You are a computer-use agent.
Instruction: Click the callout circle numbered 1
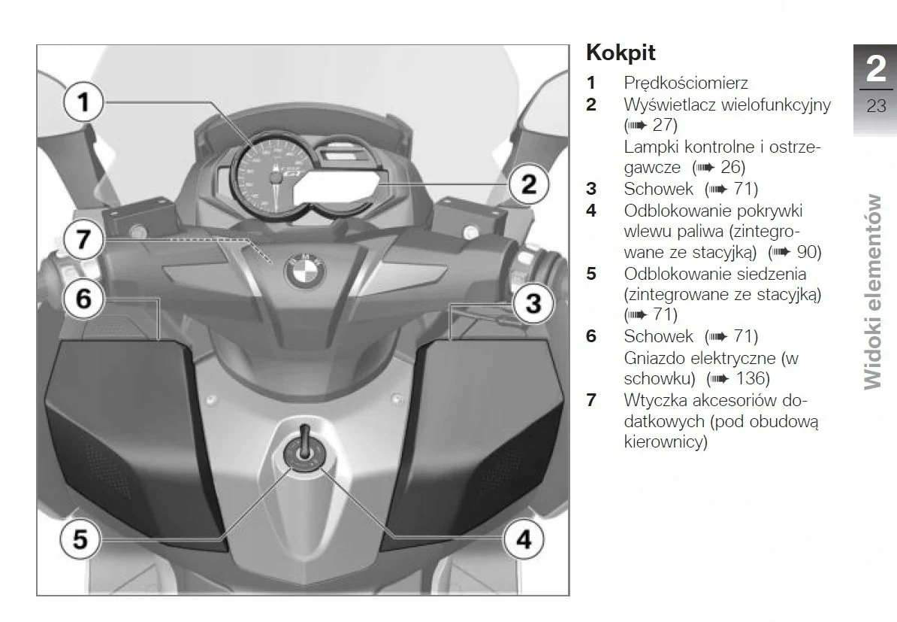[84, 101]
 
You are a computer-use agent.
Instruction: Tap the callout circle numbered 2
[529, 184]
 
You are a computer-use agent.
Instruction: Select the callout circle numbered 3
[533, 304]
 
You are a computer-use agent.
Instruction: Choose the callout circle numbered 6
[83, 299]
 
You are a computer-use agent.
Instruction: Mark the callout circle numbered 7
[83, 240]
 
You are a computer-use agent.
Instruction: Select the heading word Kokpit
[621, 53]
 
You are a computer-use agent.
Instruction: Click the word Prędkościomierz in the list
[685, 83]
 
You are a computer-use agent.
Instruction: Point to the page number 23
[876, 105]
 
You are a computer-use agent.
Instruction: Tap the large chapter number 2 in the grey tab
[875, 69]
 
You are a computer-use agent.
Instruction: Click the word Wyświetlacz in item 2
[669, 105]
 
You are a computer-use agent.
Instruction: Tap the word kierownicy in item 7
[666, 442]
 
